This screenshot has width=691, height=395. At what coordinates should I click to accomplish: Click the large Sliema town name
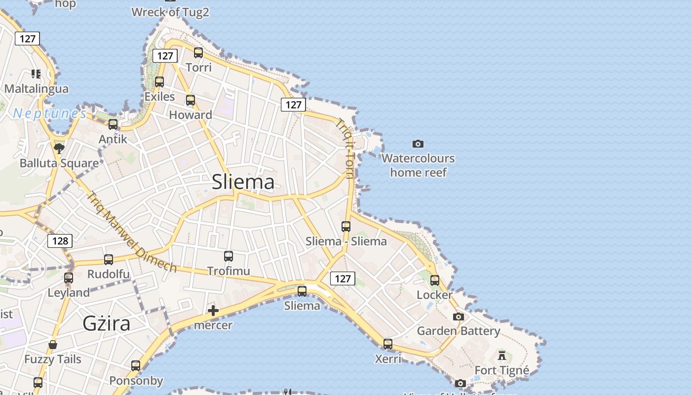point(243,182)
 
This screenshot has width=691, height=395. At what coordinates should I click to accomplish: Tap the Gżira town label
point(107,323)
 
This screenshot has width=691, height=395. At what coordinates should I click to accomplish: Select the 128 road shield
point(60,241)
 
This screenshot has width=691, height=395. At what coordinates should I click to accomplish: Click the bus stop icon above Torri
point(198,53)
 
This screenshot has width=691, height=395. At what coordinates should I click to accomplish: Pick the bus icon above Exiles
point(159,82)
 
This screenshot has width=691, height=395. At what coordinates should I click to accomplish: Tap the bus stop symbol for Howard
point(191,100)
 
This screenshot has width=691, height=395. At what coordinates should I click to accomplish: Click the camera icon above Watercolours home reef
point(418,144)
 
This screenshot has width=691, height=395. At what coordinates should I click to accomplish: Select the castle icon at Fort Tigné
point(502,355)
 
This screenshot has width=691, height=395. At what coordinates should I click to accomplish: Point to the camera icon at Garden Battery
point(459,316)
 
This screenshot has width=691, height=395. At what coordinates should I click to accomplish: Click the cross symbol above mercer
point(213,311)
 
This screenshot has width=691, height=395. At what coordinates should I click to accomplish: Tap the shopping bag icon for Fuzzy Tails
point(53,345)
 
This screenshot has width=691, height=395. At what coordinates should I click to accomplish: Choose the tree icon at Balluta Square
point(59,148)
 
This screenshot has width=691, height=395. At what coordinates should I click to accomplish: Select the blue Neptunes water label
point(49,114)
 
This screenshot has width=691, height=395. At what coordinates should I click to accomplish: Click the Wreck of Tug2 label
point(170,12)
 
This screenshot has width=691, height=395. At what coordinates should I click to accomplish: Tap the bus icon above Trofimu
point(229,256)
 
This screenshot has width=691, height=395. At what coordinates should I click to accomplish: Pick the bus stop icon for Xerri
point(388,344)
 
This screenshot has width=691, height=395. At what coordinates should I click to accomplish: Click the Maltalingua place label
point(37,89)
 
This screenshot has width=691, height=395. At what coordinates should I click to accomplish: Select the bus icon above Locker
point(435,280)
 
